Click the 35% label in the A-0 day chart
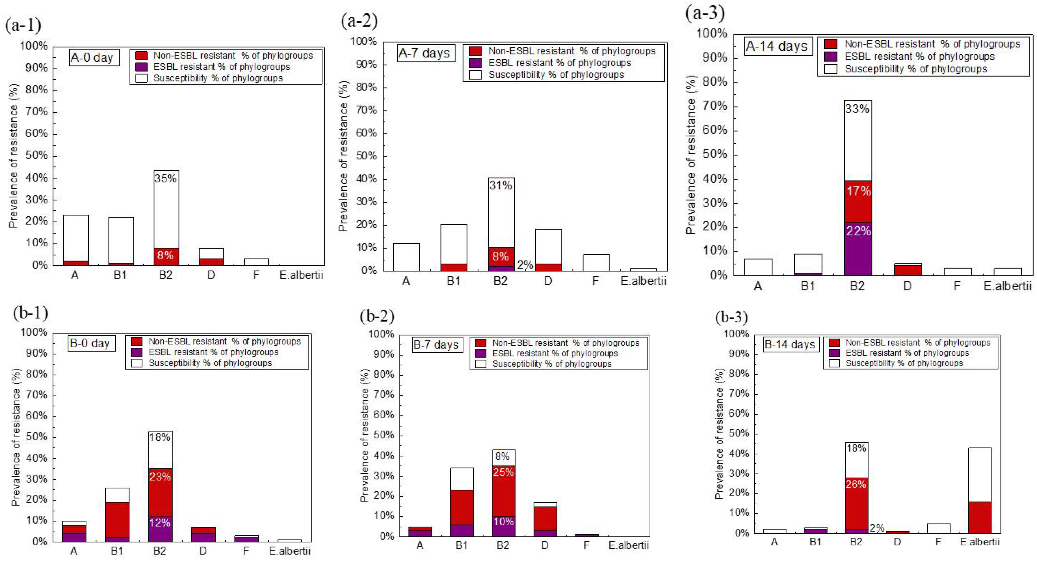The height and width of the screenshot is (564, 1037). tap(165, 178)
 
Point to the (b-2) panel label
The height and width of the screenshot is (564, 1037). tap(377, 317)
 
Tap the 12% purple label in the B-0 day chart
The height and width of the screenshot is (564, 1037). tap(160, 523)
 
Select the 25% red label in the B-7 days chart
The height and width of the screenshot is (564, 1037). tap(503, 472)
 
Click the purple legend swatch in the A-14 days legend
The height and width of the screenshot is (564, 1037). tap(830, 56)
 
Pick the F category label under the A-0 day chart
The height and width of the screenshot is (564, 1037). tap(256, 275)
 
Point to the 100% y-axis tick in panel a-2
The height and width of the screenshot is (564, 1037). tap(363, 42)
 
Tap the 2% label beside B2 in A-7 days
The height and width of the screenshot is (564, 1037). tap(525, 265)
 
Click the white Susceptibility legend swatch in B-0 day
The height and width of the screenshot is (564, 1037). tap(137, 363)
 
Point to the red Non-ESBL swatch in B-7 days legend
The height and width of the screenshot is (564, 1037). tap(481, 343)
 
